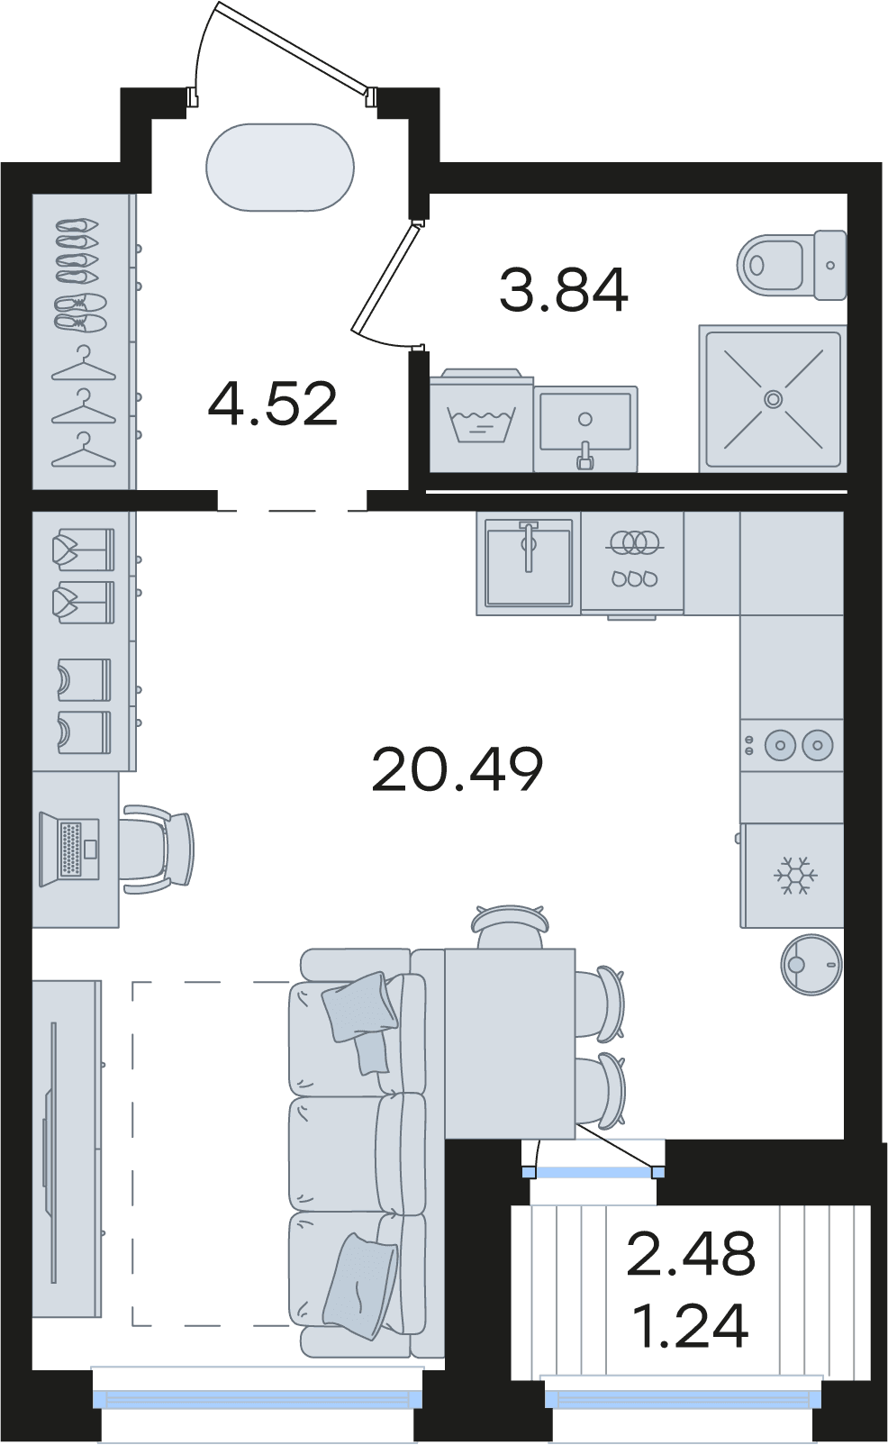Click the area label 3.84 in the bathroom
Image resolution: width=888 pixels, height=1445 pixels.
563,290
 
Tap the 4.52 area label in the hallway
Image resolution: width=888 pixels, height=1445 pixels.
273,404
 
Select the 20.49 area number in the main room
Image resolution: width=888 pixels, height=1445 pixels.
458,768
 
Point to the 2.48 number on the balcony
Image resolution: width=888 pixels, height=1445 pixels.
690,1253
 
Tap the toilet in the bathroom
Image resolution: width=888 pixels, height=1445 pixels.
792,265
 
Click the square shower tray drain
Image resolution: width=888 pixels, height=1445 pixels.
773,399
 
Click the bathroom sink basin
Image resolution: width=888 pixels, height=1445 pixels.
584,428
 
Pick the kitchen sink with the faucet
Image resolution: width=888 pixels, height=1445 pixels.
529,563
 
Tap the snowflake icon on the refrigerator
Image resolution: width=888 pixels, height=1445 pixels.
794,876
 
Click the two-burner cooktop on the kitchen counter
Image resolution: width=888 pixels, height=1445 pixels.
792,745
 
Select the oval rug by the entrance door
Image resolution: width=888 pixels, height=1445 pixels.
280,167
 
